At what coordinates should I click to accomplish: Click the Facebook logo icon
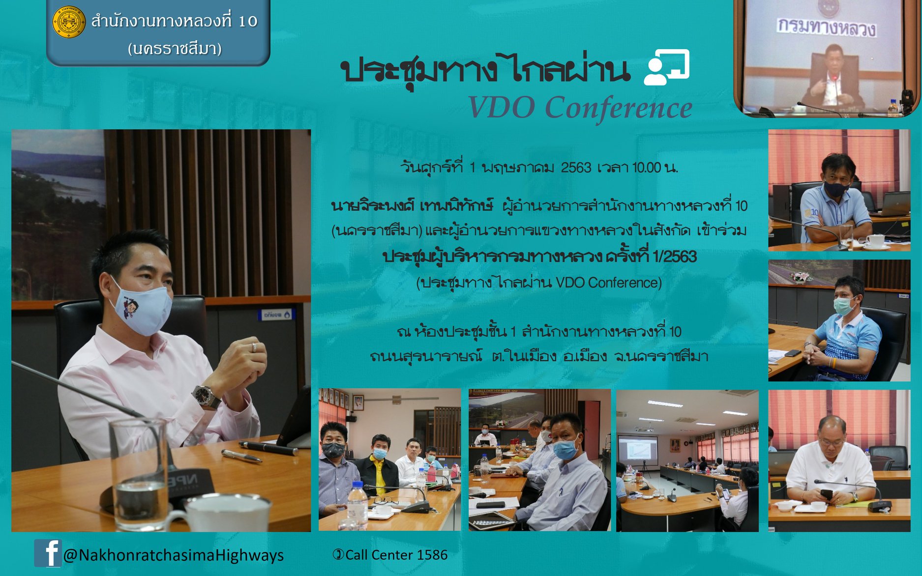pyautogui.click(x=47, y=553)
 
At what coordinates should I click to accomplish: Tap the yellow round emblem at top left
pyautogui.click(x=69, y=22)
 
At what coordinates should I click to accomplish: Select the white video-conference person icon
pyautogui.click(x=666, y=67)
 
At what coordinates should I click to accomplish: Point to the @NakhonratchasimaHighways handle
pyautogui.click(x=174, y=555)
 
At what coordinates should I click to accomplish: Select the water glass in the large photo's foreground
pyautogui.click(x=139, y=474)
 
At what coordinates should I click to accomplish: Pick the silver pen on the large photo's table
pyautogui.click(x=241, y=456)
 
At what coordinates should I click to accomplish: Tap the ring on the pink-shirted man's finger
pyautogui.click(x=254, y=347)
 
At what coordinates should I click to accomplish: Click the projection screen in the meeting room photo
pyautogui.click(x=637, y=450)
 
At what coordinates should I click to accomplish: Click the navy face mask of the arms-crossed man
pyautogui.click(x=836, y=188)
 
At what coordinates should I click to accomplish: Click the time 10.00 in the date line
pyautogui.click(x=647, y=168)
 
